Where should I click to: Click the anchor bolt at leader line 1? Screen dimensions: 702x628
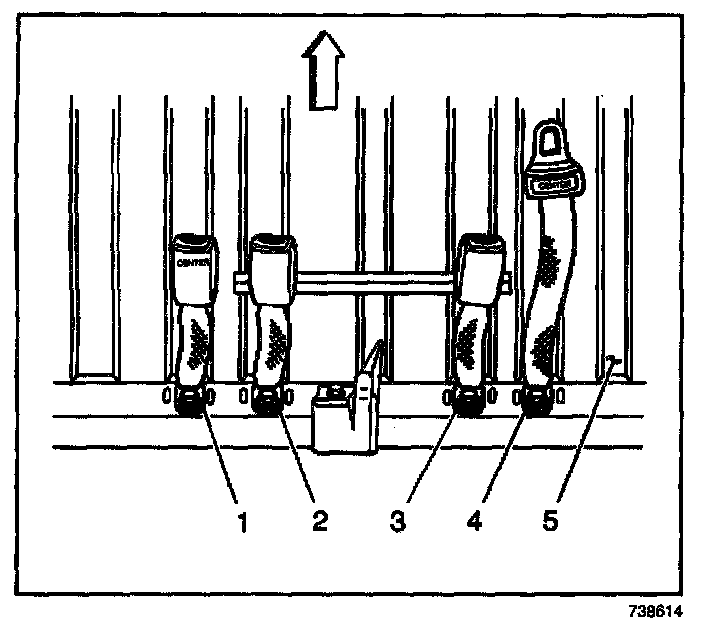pos(188,401)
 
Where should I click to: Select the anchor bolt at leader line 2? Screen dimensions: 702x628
pos(267,401)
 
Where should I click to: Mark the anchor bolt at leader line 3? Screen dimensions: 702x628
pos(466,401)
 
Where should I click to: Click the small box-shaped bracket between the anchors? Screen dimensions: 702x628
pos(341,419)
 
